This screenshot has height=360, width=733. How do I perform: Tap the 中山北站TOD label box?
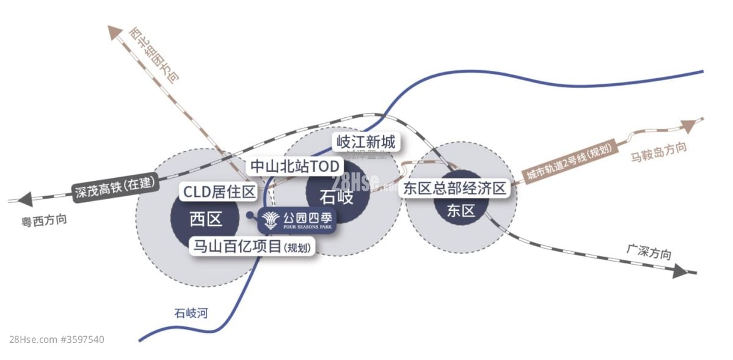click(295, 166)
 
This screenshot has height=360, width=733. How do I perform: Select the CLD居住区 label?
click(219, 192)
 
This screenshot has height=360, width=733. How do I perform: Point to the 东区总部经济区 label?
click(454, 188)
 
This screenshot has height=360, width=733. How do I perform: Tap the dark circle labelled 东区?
click(461, 211)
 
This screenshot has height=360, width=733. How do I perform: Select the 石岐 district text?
click(337, 197)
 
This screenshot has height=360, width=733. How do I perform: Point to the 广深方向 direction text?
click(648, 252)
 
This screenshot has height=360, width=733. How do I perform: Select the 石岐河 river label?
click(191, 314)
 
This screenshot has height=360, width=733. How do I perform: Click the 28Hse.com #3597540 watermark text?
click(57, 339)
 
